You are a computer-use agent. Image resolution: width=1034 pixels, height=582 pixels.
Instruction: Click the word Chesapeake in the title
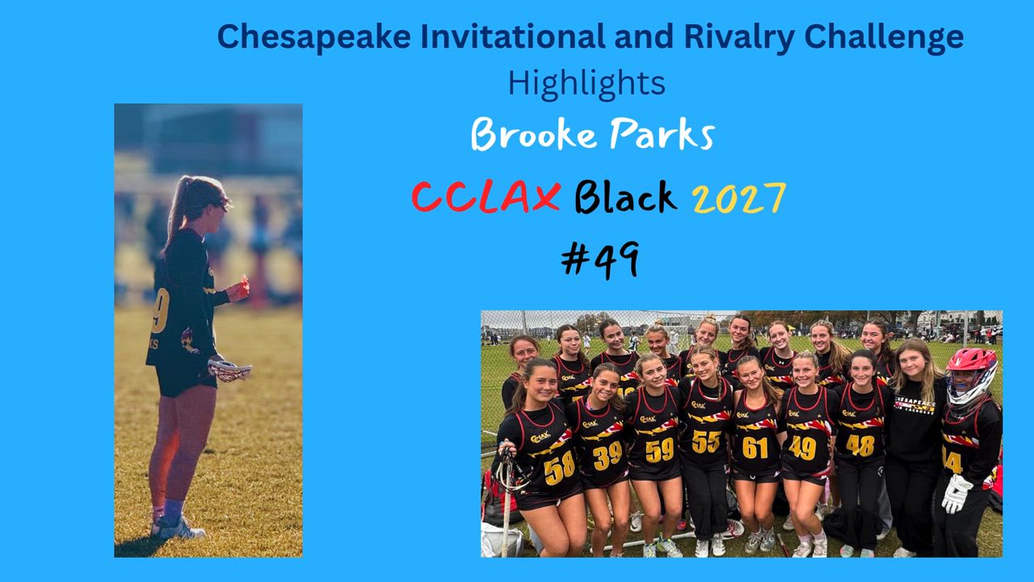click(314, 37)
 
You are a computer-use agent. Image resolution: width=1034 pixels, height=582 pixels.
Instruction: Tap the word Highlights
click(586, 83)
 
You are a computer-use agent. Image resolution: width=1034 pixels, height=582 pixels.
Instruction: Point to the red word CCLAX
click(486, 197)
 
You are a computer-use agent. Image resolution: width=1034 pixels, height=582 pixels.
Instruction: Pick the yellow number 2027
click(739, 198)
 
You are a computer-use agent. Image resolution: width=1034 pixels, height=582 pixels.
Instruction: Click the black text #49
click(600, 259)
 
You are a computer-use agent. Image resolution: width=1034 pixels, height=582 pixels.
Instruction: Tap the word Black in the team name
click(626, 197)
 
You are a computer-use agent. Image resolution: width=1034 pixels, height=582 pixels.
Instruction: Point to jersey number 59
click(660, 450)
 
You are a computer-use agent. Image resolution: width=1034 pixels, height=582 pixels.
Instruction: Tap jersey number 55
click(706, 441)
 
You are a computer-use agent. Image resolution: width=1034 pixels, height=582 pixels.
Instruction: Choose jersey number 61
click(755, 447)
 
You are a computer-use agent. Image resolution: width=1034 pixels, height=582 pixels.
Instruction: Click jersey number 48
click(860, 445)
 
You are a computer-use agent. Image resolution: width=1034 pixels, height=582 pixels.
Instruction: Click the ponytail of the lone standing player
click(174, 213)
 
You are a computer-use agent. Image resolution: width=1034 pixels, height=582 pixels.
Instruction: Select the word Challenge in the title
click(884, 38)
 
